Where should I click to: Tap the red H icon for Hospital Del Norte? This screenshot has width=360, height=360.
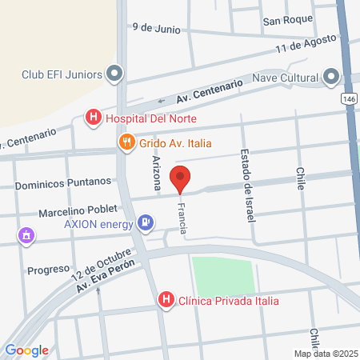pyautogui.click(x=94, y=118)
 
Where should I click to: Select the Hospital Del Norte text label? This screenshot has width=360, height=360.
pyautogui.click(x=150, y=119)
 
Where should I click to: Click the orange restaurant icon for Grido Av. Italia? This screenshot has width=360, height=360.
pyautogui.click(x=126, y=142)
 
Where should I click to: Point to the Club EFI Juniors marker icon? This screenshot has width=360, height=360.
pyautogui.click(x=114, y=75)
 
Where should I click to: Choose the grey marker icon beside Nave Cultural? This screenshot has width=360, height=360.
pyautogui.click(x=331, y=78)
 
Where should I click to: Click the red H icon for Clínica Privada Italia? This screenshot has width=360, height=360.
pyautogui.click(x=166, y=301)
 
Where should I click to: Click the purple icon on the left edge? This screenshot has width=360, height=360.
pyautogui.click(x=27, y=235)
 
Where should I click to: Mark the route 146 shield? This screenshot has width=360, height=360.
pyautogui.click(x=348, y=98)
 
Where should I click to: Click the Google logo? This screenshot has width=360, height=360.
pyautogui.click(x=26, y=350)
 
